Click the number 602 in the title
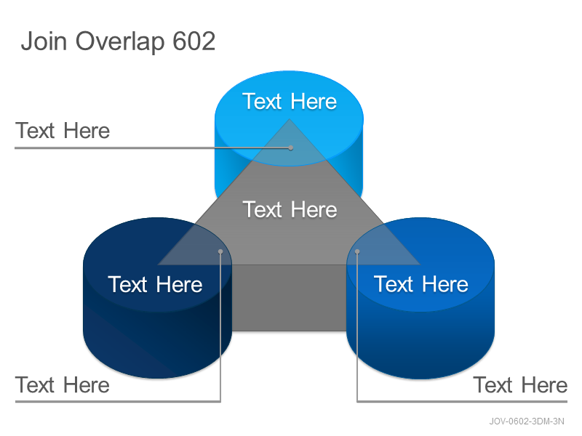click(194, 41)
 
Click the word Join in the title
click(44, 41)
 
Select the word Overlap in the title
click(120, 42)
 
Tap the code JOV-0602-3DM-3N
click(526, 421)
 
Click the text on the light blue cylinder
click(290, 101)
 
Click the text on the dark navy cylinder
click(155, 284)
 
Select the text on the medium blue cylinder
click(421, 284)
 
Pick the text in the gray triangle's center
click(290, 209)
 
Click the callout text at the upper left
click(63, 131)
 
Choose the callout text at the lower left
click(63, 385)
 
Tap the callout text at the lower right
click(520, 385)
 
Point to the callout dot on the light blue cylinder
click(290, 148)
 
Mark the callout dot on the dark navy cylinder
click(220, 251)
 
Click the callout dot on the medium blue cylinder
click(357, 251)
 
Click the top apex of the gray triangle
click(290, 119)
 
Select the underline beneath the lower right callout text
click(462, 401)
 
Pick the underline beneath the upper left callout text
click(153, 148)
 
